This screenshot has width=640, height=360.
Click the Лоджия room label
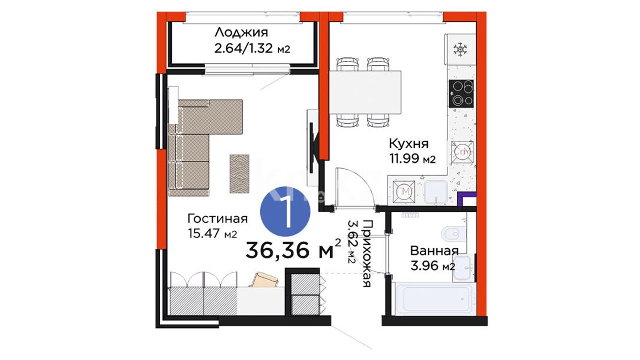point(241,32)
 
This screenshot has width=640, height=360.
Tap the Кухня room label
point(409,144)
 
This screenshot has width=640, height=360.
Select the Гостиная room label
point(217,219)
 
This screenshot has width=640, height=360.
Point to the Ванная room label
point(434,251)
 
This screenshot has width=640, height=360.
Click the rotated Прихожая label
point(366,253)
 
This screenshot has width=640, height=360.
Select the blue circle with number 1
point(285,211)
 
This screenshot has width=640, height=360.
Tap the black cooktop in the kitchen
point(461,94)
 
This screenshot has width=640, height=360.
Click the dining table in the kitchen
point(365,92)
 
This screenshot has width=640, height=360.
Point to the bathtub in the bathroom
point(434,299)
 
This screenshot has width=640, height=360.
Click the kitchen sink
point(436,192)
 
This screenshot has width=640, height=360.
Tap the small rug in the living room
point(239,174)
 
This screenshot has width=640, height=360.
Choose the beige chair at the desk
point(264,280)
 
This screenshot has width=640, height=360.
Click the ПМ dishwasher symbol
point(404,192)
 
